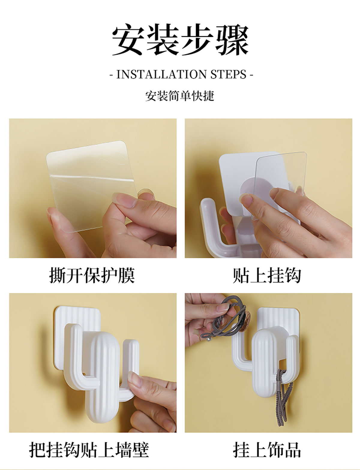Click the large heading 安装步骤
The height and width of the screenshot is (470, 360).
[x=180, y=40]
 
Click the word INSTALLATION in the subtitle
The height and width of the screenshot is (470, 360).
[x=161, y=75]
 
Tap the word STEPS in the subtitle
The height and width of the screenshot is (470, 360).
[x=228, y=75]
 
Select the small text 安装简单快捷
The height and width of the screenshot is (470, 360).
[x=180, y=96]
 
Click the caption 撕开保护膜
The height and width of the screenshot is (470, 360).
[x=92, y=275]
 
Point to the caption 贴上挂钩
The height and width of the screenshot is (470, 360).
[x=267, y=275]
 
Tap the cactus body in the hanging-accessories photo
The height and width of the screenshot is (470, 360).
[x=264, y=368]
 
